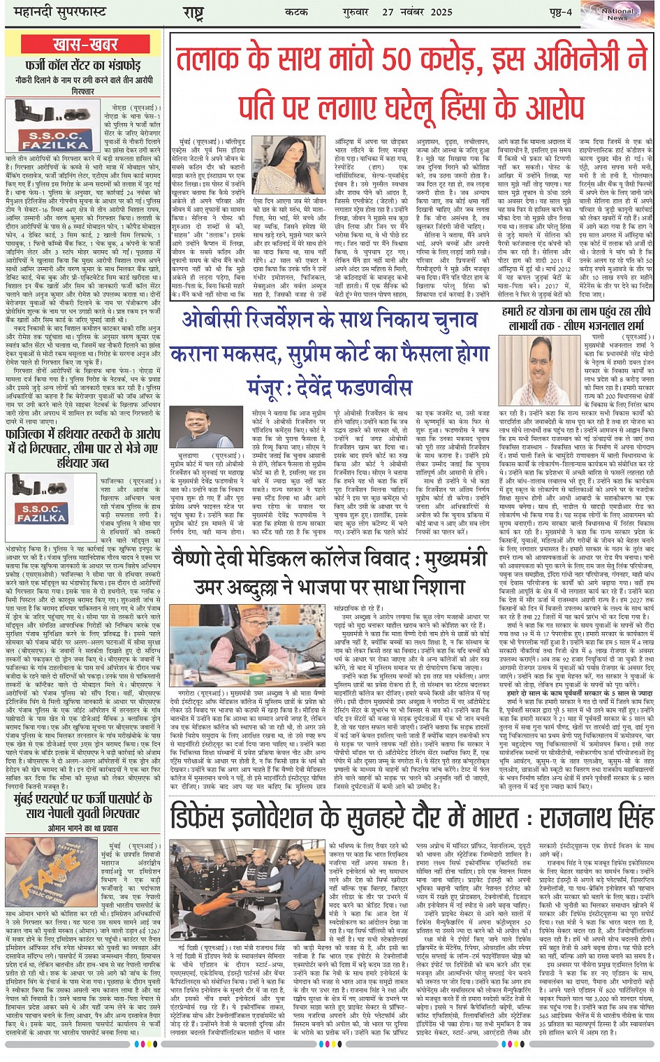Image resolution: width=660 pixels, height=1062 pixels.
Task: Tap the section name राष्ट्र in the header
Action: click(x=193, y=13)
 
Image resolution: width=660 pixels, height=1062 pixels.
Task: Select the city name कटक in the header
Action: click(x=296, y=12)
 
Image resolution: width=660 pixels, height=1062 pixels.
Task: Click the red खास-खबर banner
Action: click(x=85, y=45)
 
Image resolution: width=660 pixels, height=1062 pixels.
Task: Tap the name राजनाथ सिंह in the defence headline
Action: click(x=594, y=817)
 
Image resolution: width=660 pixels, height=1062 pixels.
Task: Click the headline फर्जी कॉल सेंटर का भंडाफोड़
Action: click(x=83, y=66)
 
